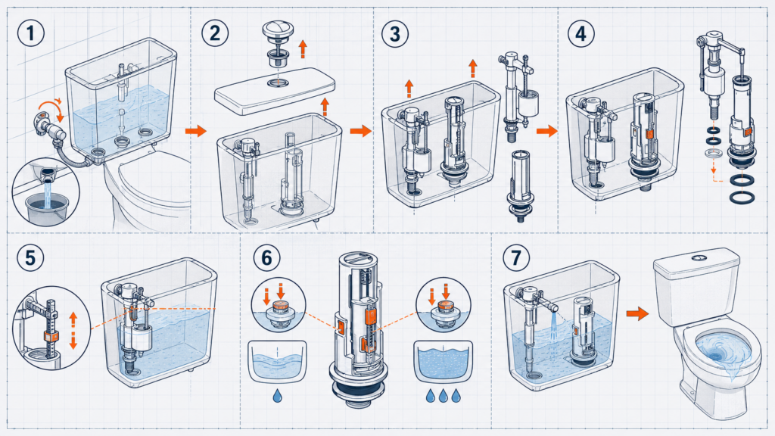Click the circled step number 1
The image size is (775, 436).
pyautogui.click(x=30, y=33)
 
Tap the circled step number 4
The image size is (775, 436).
pyautogui.click(x=580, y=33)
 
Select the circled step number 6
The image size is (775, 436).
pyautogui.click(x=266, y=257)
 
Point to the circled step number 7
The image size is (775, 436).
pyautogui.click(x=516, y=257)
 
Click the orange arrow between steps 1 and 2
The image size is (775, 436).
pyautogui.click(x=196, y=131)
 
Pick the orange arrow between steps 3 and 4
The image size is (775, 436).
pyautogui.click(x=546, y=131)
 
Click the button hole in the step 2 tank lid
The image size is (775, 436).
pyautogui.click(x=279, y=82)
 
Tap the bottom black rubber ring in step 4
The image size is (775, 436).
pyautogui.click(x=742, y=198)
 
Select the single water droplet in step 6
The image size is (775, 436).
pyautogui.click(x=278, y=395)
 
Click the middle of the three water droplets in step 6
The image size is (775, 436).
pyautogui.click(x=444, y=395)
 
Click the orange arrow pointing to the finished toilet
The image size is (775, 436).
pyautogui.click(x=637, y=313)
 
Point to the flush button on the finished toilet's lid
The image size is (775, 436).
pyautogui.click(x=698, y=257)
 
